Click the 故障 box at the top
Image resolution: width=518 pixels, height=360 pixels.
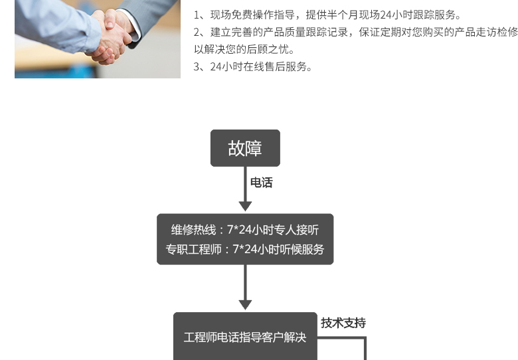coord(245,147)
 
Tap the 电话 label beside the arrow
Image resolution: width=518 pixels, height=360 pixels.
coord(261,183)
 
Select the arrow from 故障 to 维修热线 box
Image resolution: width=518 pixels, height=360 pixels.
coord(245,189)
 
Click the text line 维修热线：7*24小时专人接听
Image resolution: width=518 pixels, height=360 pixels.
coord(245,230)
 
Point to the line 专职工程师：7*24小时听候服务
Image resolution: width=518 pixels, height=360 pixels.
coord(245,250)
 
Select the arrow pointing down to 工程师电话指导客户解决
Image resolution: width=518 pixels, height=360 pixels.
coord(245,287)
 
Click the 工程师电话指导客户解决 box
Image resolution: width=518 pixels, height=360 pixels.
coord(245,337)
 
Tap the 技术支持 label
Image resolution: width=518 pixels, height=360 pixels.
coord(343,323)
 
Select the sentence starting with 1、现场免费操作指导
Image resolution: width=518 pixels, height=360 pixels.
coord(327,15)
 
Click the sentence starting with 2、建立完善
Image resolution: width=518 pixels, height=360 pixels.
coord(355,32)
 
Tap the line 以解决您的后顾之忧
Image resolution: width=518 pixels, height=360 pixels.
coord(244,49)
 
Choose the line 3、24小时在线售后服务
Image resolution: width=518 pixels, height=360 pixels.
coord(253,66)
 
